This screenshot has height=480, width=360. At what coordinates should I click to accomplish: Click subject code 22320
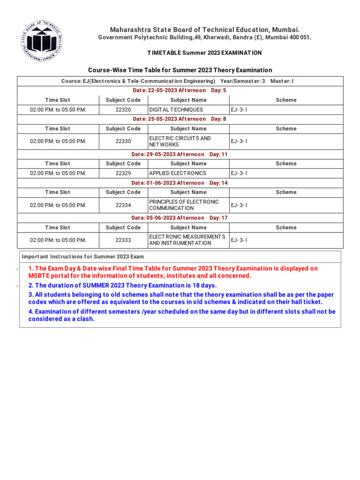123,110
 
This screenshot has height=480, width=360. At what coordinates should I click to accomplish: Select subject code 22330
123,142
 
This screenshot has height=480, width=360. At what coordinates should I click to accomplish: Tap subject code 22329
123,173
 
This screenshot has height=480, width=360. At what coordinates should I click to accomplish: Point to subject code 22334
123,205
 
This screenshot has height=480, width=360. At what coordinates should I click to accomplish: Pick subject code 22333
123,240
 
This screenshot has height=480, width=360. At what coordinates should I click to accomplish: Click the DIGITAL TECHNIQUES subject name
176,110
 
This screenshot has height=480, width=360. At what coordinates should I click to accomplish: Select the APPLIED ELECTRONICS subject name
178,173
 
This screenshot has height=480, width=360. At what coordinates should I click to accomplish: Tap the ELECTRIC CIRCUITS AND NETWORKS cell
180,142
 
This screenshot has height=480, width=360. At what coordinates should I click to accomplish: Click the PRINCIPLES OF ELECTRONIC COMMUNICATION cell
184,205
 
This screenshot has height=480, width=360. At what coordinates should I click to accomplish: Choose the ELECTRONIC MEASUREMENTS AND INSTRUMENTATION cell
187,240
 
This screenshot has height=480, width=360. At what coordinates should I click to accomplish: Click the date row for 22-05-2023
180,90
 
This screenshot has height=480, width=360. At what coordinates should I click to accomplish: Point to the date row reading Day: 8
180,119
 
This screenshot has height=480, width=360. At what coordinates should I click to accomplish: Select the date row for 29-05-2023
180,154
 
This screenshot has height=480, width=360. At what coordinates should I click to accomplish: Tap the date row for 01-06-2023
180,183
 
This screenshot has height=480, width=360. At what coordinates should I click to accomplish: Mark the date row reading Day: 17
180,218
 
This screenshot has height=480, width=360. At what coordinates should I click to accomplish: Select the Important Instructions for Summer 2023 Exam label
83,257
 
